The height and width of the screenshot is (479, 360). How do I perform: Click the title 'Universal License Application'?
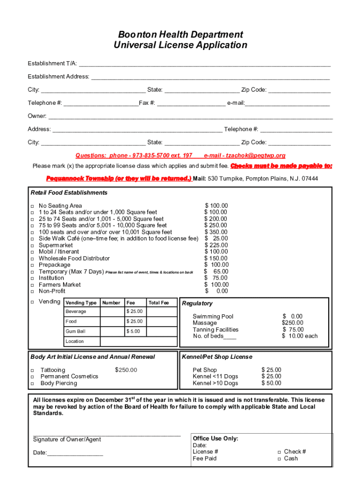(x=180, y=45)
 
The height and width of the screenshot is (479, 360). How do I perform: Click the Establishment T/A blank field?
(x=205, y=64)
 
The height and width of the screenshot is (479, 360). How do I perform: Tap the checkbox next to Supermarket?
(x=32, y=246)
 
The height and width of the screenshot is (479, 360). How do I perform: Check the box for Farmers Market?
(x=32, y=285)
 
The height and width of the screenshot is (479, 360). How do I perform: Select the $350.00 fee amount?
(x=216, y=232)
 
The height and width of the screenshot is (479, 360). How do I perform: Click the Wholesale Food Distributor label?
(x=74, y=258)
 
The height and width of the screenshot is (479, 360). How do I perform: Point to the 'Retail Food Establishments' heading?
(x=69, y=193)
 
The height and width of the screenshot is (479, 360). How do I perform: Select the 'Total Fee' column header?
(x=158, y=303)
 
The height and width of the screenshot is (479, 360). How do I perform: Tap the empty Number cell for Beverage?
(x=112, y=312)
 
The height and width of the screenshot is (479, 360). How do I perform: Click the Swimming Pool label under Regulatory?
(x=213, y=317)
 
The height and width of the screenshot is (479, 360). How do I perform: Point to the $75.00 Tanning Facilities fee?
(x=293, y=330)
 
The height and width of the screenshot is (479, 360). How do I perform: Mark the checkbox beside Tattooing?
(x=33, y=370)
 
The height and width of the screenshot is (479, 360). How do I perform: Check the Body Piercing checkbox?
(x=33, y=384)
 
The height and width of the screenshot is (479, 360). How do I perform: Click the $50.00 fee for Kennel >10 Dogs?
(x=271, y=383)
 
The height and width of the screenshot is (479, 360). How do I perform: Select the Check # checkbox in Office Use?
(x=279, y=452)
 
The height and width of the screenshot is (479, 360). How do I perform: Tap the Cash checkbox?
(x=279, y=459)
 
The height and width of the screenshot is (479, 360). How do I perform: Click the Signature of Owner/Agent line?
(x=107, y=435)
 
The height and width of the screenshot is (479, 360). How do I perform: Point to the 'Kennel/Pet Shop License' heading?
(x=217, y=357)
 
